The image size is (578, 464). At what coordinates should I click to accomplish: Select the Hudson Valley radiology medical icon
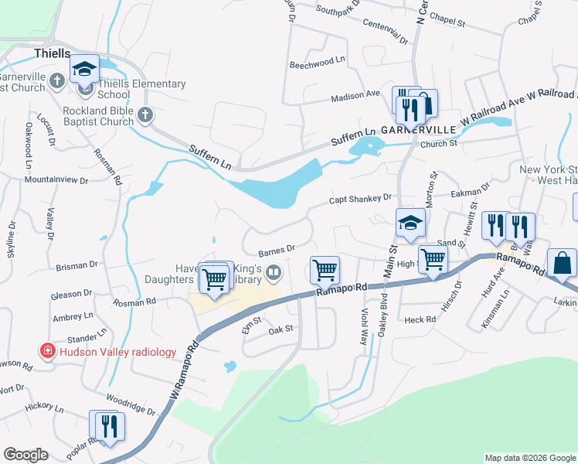coord(48,351)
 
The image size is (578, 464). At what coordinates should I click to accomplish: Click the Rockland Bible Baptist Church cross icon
coord(145,116)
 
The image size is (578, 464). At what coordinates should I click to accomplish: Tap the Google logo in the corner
coord(25,455)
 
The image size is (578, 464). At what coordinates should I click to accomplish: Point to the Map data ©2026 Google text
coord(530,458)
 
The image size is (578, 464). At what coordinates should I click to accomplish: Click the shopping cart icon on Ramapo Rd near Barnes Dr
coord(325,271)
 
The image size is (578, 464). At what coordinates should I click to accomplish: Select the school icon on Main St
coord(410,223)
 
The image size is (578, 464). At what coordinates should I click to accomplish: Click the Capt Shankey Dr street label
coord(361,198)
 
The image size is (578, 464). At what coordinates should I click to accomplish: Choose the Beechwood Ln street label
coord(315,66)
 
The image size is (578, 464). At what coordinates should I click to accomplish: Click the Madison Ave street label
coord(355,95)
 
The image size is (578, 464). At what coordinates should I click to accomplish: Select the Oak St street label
coord(280,329)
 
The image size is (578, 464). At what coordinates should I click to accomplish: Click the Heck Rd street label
coord(420,319)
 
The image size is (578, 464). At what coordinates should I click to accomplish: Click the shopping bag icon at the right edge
coord(562,264)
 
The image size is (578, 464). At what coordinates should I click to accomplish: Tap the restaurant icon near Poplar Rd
coord(107,425)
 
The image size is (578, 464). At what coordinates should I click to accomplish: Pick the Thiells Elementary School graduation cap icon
coord(84,70)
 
